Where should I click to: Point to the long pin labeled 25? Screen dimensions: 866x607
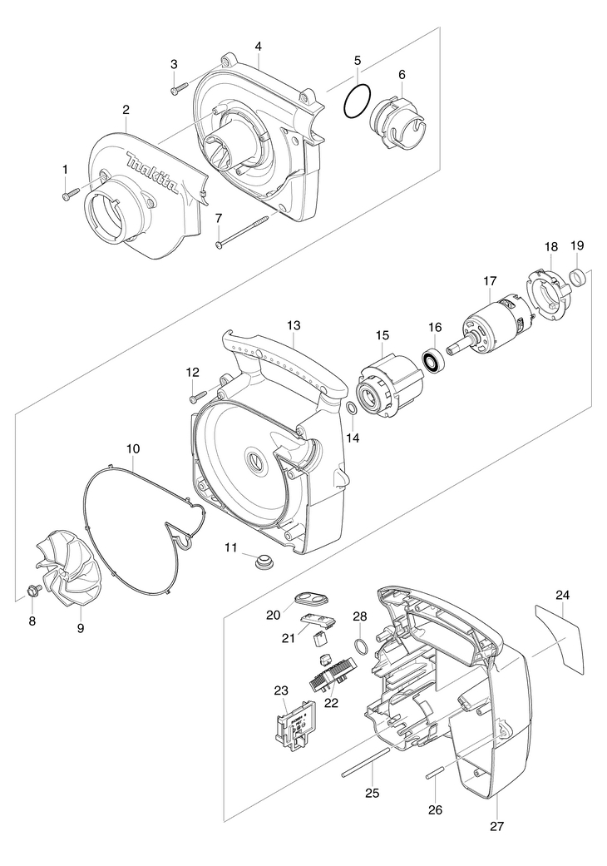coord(365,762)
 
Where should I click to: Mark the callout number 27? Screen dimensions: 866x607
coord(497,827)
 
